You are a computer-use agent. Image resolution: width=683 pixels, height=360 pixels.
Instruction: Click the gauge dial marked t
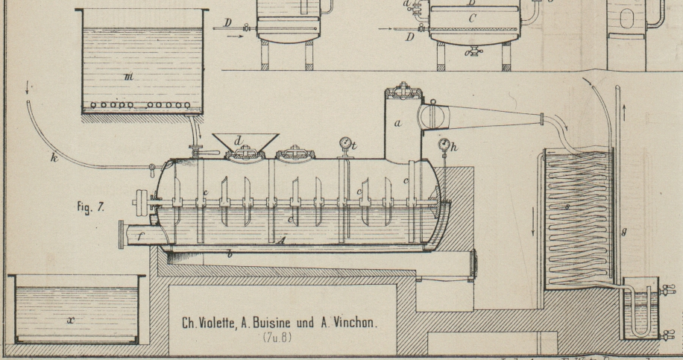344,143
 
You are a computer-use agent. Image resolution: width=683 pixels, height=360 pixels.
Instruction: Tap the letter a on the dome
399,124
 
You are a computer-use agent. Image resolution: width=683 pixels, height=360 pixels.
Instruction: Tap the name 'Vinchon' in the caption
350,323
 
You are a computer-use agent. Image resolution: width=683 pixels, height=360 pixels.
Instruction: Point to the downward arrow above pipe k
28,89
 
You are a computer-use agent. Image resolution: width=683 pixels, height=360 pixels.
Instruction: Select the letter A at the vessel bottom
281,241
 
